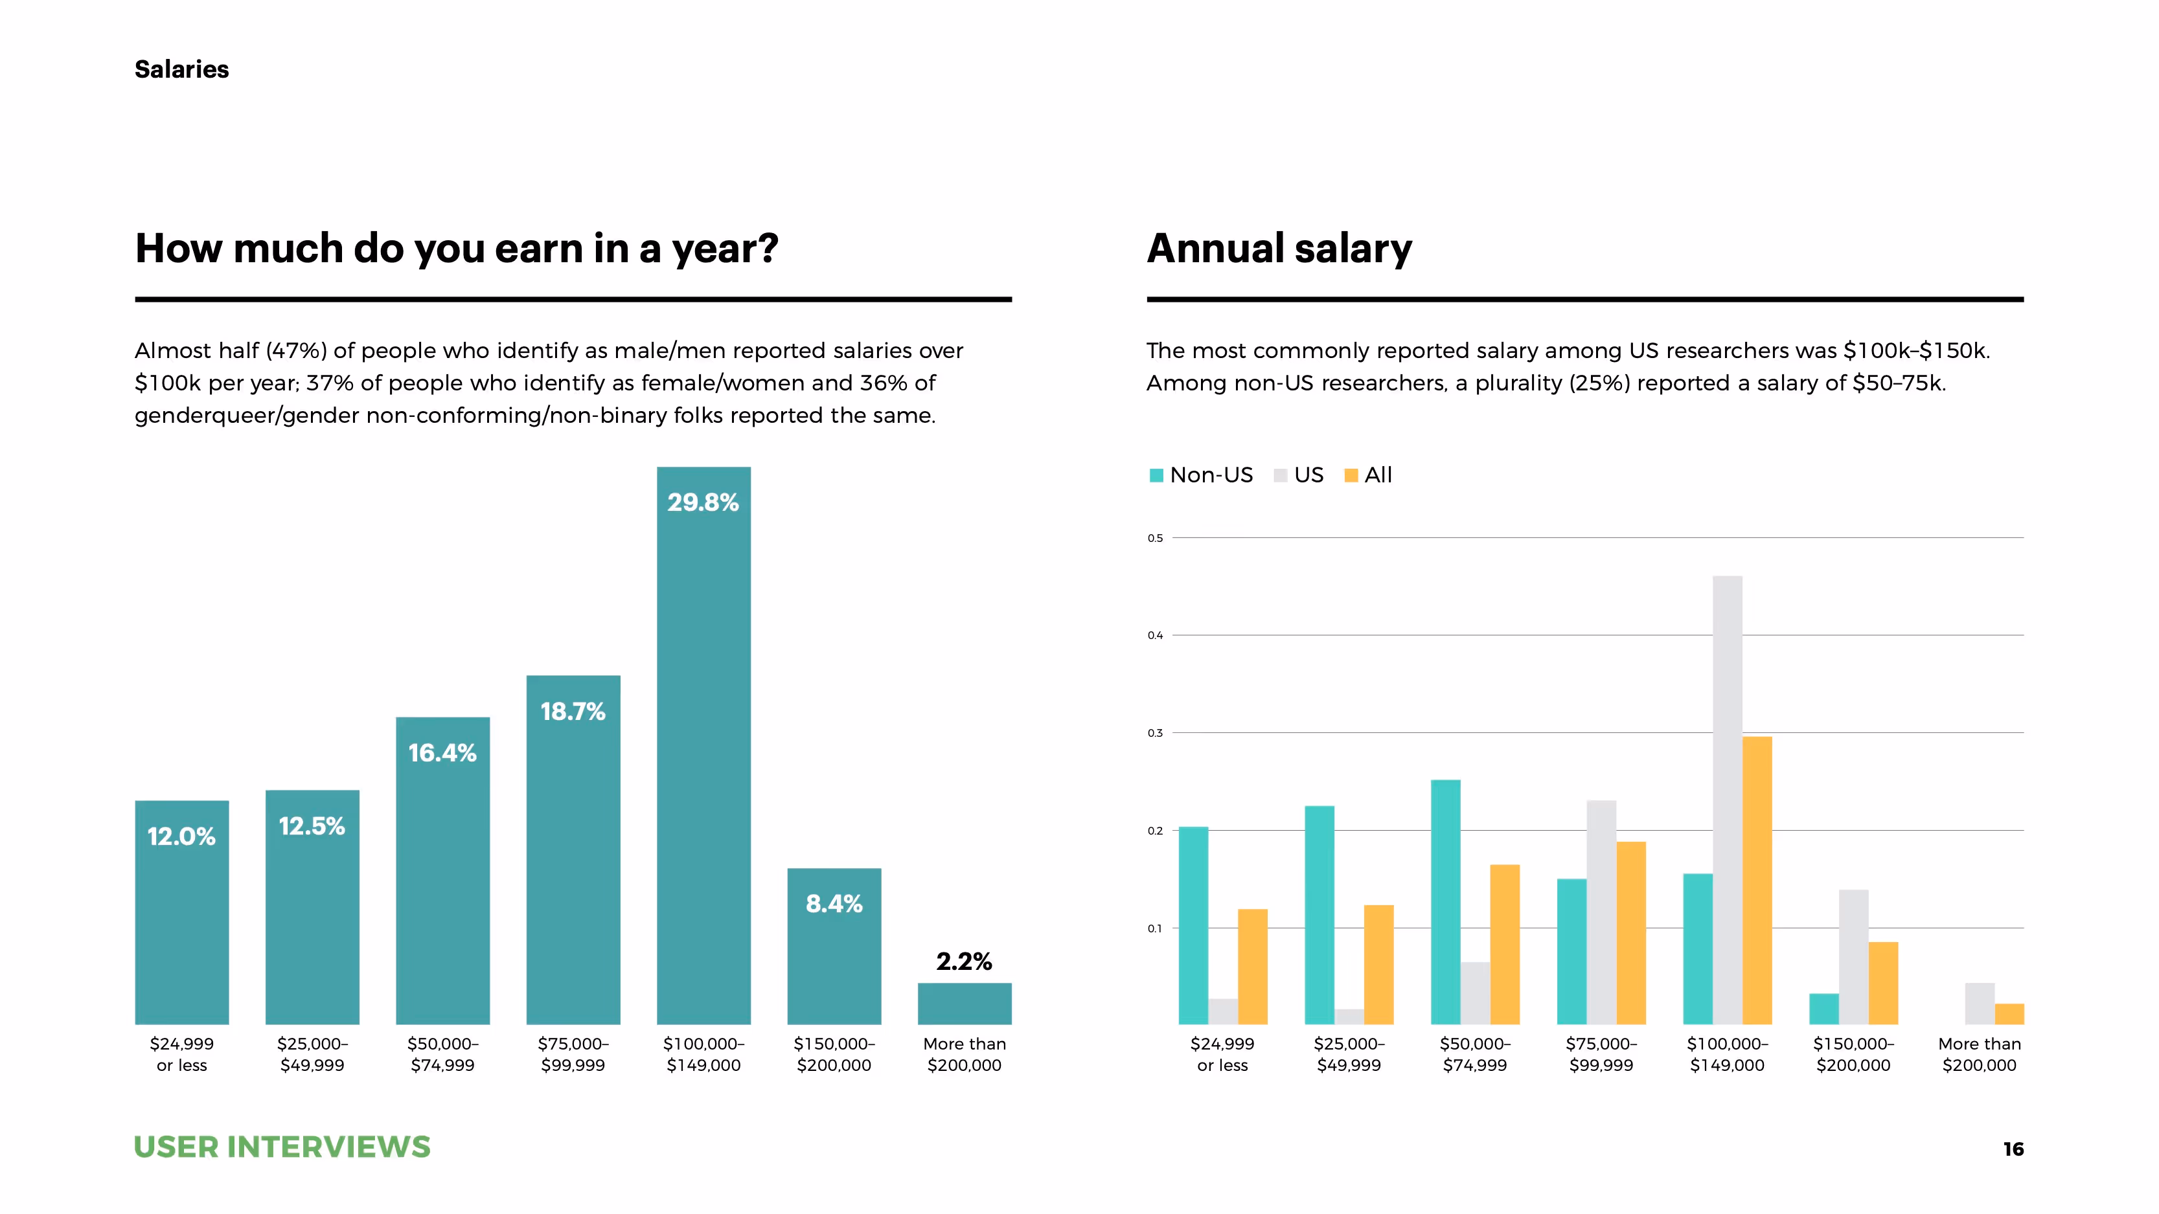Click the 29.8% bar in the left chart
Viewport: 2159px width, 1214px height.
(x=703, y=754)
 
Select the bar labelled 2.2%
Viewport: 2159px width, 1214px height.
(x=964, y=1003)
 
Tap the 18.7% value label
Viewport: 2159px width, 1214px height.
(x=573, y=712)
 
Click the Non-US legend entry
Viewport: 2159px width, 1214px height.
(x=1201, y=475)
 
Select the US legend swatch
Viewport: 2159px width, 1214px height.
(x=1280, y=475)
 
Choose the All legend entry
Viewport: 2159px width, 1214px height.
(x=1368, y=475)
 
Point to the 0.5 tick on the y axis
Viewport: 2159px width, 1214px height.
(x=1155, y=538)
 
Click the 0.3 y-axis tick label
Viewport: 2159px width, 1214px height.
(x=1155, y=733)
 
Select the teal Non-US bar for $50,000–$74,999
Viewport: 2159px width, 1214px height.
(x=1445, y=901)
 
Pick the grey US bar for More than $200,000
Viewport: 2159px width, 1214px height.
(x=1979, y=1003)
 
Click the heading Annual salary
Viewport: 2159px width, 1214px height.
(x=1279, y=248)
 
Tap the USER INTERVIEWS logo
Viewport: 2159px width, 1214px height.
(x=282, y=1146)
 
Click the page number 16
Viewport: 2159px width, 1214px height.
(x=2013, y=1149)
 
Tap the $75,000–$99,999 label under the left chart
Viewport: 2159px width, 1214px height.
(x=573, y=1054)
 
